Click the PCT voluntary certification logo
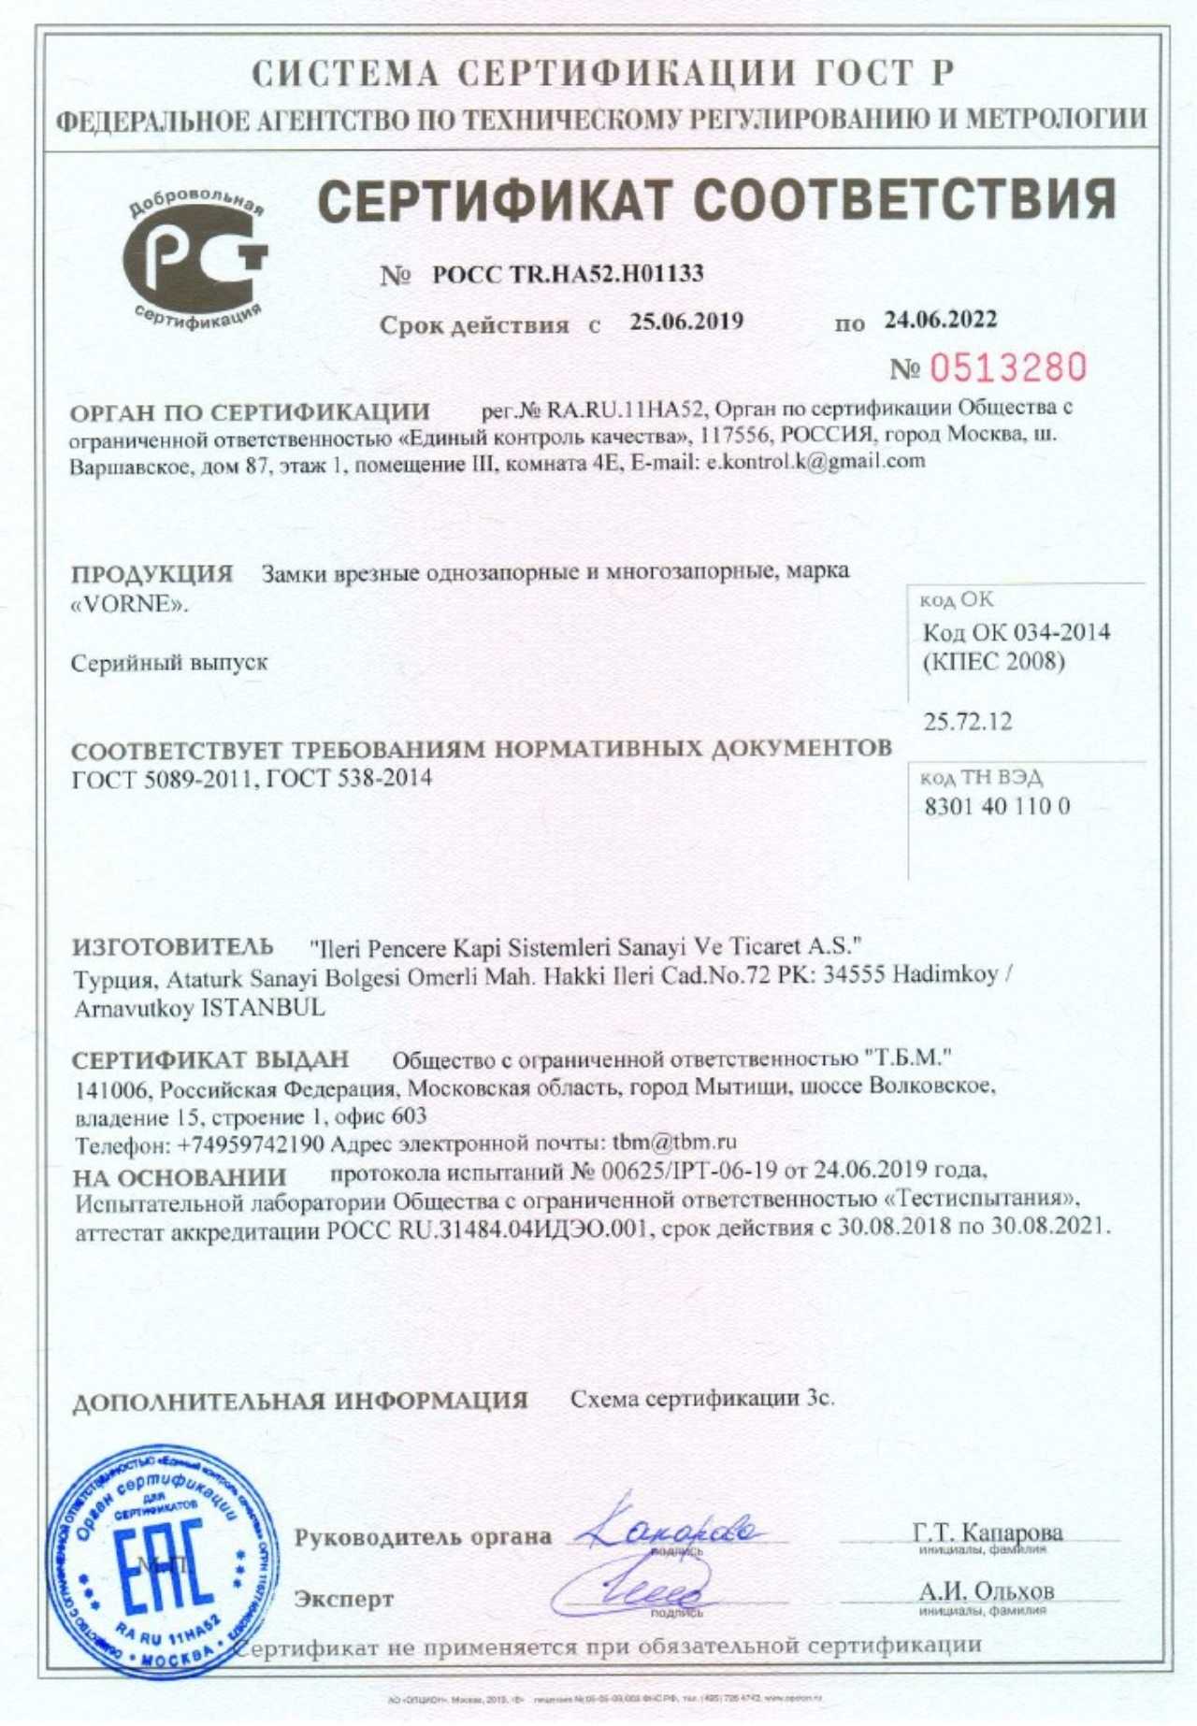click(x=196, y=254)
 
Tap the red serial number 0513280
click(x=1007, y=367)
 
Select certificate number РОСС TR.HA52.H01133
click(x=568, y=274)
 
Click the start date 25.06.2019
click(x=686, y=322)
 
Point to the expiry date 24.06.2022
click(x=941, y=320)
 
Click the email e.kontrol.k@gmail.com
click(x=815, y=461)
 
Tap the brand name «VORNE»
click(x=130, y=605)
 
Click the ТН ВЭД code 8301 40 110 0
click(x=996, y=806)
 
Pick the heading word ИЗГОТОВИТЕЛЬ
click(x=173, y=946)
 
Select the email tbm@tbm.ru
click(x=674, y=1142)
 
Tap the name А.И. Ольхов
click(x=986, y=1589)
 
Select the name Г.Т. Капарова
click(x=988, y=1532)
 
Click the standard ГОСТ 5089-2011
click(x=163, y=778)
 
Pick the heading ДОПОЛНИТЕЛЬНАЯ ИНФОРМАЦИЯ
click(x=300, y=1401)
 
